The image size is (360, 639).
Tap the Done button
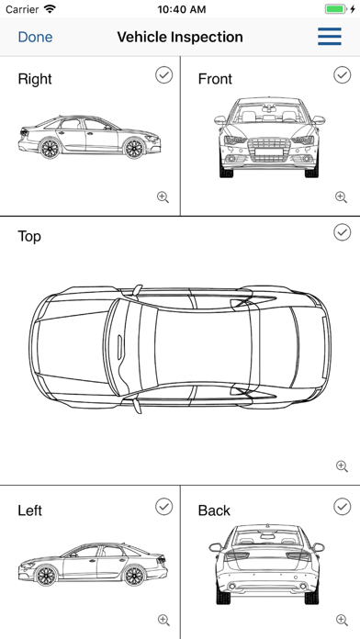pyautogui.click(x=35, y=37)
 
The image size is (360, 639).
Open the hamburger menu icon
pyautogui.click(x=330, y=37)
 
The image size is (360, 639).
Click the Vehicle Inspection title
pyautogui.click(x=180, y=37)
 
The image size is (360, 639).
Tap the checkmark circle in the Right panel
pyautogui.click(x=163, y=75)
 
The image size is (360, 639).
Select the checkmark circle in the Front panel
pyautogui.click(x=342, y=75)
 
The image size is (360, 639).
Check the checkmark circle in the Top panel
pyautogui.click(x=342, y=232)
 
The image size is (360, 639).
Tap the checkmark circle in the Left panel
pyautogui.click(x=163, y=507)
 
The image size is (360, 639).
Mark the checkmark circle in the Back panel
pyautogui.click(x=342, y=507)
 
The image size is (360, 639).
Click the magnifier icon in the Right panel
pyautogui.click(x=163, y=197)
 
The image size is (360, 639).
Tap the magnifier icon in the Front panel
pyautogui.click(x=342, y=197)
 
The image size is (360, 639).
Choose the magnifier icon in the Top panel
pyautogui.click(x=342, y=466)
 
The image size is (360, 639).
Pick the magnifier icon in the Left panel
pyautogui.click(x=163, y=621)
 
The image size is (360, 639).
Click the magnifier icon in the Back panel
pyautogui.click(x=342, y=621)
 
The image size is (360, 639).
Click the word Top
pyautogui.click(x=29, y=236)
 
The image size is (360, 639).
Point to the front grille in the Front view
pyautogui.click(x=268, y=150)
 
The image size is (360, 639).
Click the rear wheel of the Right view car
pyautogui.click(x=50, y=148)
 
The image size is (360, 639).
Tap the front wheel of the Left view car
pyautogui.click(x=46, y=575)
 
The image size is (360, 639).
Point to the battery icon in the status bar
pyautogui.click(x=336, y=9)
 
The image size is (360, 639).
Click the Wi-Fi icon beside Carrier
pyautogui.click(x=50, y=9)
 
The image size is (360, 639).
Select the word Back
pyautogui.click(x=214, y=510)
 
